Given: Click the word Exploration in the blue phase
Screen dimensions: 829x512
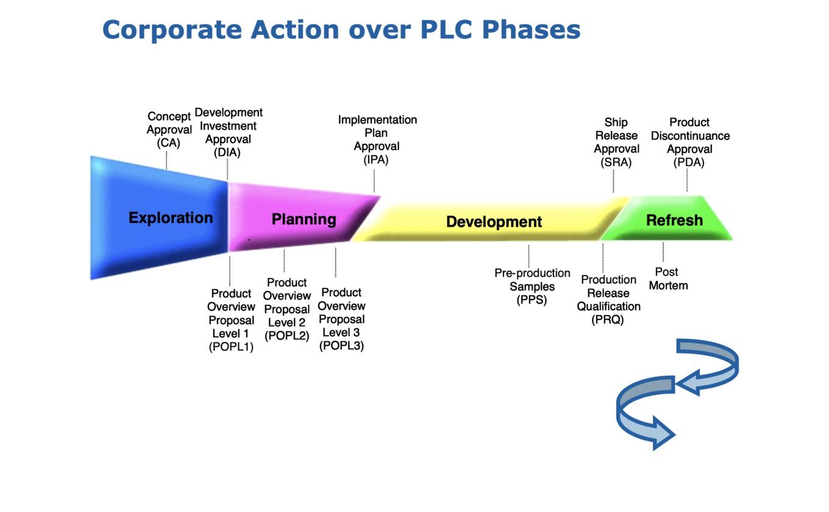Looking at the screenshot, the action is click(171, 218).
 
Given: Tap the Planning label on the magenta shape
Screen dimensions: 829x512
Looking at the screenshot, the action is click(304, 219).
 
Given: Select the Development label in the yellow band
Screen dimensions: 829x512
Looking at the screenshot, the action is click(494, 222).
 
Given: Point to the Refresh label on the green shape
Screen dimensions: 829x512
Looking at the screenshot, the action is click(674, 220).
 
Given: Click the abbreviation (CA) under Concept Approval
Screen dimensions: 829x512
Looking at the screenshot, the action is click(168, 143).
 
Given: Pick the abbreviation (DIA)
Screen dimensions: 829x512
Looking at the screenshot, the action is click(227, 152).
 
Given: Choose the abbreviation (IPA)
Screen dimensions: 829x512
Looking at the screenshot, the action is click(376, 160).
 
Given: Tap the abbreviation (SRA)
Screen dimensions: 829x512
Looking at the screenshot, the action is click(616, 162).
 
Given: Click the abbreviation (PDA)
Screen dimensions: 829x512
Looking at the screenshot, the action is click(689, 162).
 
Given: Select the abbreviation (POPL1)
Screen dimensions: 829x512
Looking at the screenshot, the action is click(231, 347).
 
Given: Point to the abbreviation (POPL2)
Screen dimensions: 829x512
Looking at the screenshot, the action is click(287, 335).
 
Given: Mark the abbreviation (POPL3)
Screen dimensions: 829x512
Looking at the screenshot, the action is click(341, 346).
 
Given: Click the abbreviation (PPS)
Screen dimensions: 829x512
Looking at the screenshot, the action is click(532, 300).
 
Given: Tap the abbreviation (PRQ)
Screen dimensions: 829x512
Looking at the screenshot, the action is click(608, 319).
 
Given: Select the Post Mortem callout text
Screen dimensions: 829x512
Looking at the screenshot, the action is click(668, 279).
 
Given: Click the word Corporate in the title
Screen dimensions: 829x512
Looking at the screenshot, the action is click(172, 30).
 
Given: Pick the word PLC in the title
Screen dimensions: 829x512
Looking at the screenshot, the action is click(446, 29).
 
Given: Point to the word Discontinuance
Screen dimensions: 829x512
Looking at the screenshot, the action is click(690, 136).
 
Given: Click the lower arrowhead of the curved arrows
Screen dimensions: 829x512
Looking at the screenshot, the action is click(663, 433).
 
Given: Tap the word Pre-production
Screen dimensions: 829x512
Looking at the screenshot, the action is click(532, 273).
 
